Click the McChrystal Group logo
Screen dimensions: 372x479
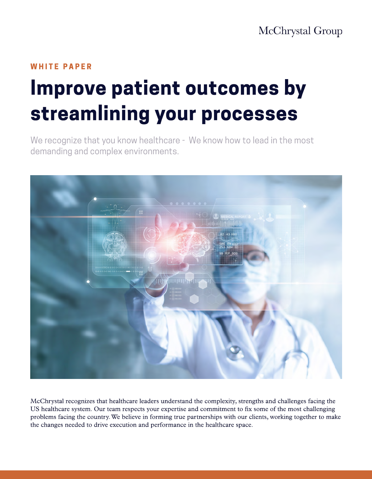(x=300, y=31)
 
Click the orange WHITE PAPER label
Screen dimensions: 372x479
(x=61, y=66)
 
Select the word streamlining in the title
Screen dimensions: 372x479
(x=90, y=114)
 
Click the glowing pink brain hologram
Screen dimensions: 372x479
(x=191, y=245)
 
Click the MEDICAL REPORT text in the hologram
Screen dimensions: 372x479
(x=234, y=217)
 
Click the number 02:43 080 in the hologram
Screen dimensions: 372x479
(x=229, y=234)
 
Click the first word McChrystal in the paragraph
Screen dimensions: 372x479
(x=47, y=401)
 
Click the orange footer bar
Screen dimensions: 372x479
(x=186, y=475)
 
